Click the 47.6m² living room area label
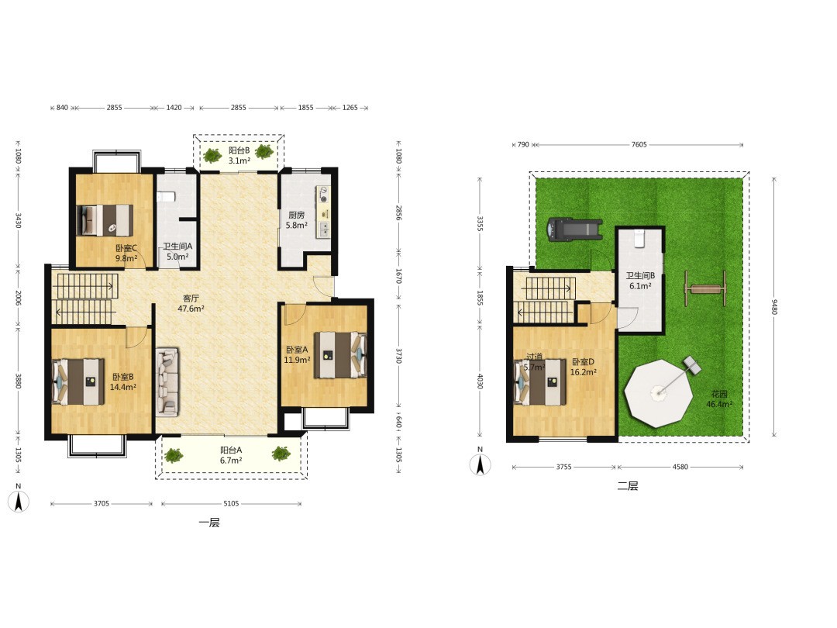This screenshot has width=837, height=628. (x=191, y=309)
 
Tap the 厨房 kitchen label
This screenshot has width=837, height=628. (x=296, y=215)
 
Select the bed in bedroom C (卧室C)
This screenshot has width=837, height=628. (x=105, y=220)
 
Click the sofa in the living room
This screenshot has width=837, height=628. (x=167, y=382)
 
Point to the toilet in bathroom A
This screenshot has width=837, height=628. (x=166, y=196)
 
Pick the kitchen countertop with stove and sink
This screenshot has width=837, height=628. (x=323, y=212)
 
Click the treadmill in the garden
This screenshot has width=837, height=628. (x=574, y=229)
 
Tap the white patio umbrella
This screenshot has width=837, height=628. (x=660, y=393)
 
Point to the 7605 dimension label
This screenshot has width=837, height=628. (x=639, y=144)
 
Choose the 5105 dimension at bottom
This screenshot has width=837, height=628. (x=231, y=503)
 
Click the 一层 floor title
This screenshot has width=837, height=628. (x=209, y=523)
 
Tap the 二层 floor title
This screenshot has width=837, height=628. (x=628, y=486)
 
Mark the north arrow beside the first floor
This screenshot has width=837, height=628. (x=19, y=501)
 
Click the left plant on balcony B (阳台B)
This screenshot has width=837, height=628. (x=212, y=155)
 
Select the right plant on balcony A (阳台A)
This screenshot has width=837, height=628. (x=281, y=454)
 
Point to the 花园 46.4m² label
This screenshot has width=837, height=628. (x=719, y=399)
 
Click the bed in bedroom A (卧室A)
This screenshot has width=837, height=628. (x=340, y=355)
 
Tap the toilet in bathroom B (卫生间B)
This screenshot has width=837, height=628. (x=639, y=238)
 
